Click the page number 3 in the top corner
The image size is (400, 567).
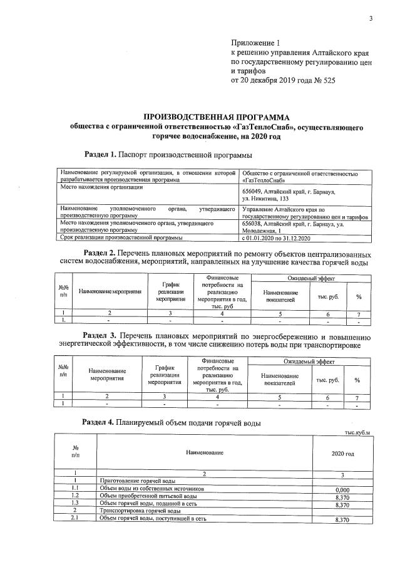[x=370, y=18]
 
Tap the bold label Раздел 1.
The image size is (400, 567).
[x=100, y=154]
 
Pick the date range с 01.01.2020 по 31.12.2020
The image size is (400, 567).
[x=275, y=237]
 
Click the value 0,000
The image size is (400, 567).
[x=342, y=489]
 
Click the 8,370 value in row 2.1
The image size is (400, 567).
[x=342, y=519]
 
